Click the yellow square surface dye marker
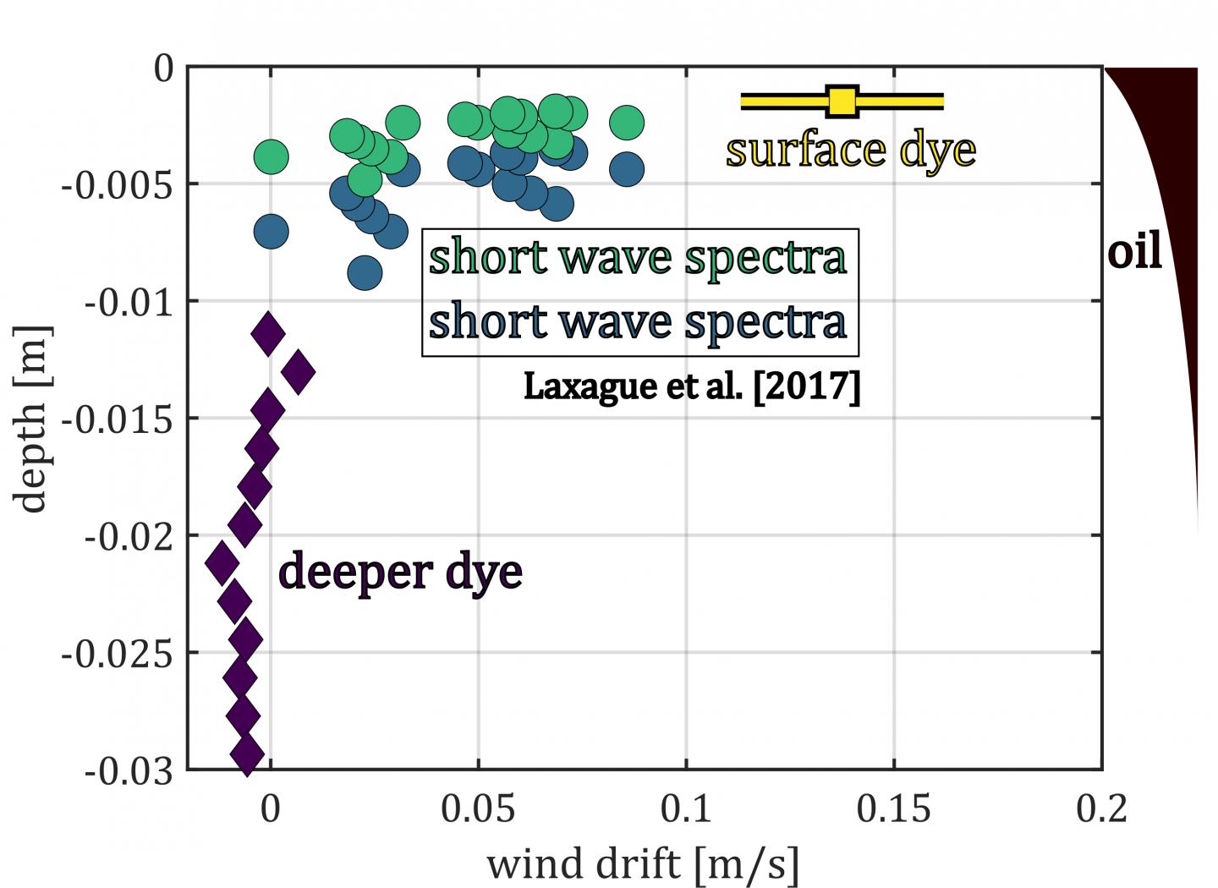842,101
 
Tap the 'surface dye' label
850,151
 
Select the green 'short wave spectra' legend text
637,258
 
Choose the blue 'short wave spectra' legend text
637,322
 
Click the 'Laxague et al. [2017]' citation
692,386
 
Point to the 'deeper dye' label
400,573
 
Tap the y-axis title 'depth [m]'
32,419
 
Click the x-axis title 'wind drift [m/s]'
643,864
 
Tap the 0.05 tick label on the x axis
478,809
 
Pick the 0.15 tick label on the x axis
893,809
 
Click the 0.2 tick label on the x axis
1101,809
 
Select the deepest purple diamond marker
247,754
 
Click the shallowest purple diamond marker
268,334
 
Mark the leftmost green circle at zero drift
271,156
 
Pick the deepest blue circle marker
365,273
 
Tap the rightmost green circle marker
627,123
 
